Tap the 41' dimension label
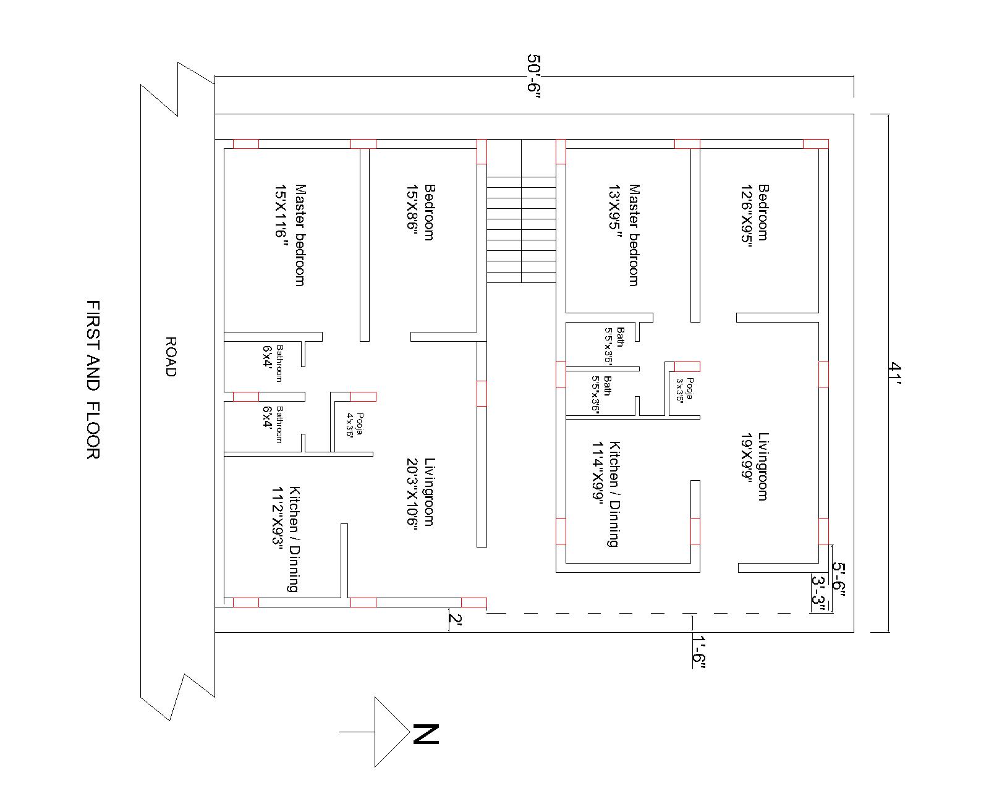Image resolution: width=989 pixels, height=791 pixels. [x=894, y=373]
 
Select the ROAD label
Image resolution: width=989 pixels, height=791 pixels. [x=171, y=357]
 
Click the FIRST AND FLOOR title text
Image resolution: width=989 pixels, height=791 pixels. [x=93, y=380]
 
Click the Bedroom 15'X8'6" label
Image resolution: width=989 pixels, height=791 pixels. [x=420, y=212]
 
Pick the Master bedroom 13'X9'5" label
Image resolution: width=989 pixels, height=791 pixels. [x=624, y=235]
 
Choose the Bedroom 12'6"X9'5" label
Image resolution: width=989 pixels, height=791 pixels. [x=755, y=212]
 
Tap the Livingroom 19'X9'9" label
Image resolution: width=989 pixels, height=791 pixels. [x=755, y=466]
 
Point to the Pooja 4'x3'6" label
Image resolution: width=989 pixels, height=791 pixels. [x=355, y=425]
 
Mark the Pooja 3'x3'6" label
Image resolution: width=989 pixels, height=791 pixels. [x=685, y=390]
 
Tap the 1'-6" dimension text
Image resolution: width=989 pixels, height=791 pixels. [x=699, y=651]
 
